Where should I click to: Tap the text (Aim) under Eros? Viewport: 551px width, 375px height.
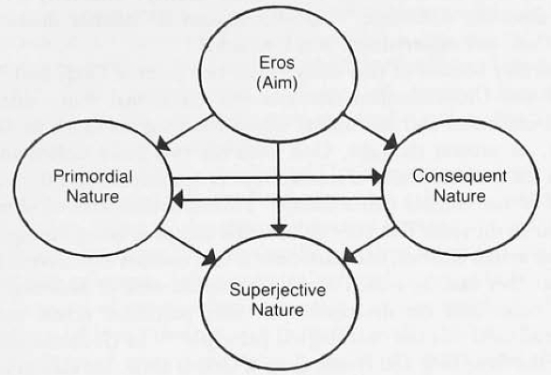point(277,83)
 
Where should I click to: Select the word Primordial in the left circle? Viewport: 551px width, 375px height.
point(93,176)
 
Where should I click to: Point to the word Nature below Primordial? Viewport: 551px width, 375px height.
point(92,196)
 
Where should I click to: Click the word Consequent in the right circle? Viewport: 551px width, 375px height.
point(460,176)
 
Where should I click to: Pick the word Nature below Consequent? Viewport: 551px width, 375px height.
point(460,196)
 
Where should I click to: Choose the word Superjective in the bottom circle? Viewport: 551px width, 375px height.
point(278,291)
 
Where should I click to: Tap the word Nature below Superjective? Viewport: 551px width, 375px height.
point(278,310)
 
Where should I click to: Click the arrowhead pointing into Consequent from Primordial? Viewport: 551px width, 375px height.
point(377,177)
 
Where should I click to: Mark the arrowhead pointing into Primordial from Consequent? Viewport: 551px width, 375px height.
point(177,200)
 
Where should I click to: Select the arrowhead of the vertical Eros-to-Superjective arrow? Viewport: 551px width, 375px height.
point(279,229)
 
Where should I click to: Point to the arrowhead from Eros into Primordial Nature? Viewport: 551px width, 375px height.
point(162,144)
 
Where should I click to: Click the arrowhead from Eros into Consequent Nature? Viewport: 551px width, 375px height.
point(390,143)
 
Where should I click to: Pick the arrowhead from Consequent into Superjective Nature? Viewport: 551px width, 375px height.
point(349,256)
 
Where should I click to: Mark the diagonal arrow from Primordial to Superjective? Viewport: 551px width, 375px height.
point(188,246)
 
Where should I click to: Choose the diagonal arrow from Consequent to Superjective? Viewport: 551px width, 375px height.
point(369,245)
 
